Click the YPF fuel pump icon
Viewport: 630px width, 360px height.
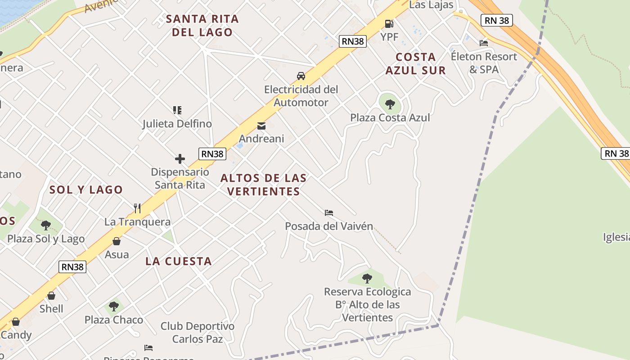tap(389, 23)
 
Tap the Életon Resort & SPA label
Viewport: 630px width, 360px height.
tap(484, 63)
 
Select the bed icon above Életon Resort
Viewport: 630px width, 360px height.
tap(484, 43)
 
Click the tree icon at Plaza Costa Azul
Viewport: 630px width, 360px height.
tap(390, 104)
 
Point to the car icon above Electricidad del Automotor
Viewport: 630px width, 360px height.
tap(301, 76)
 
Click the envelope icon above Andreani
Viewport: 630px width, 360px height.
tap(261, 126)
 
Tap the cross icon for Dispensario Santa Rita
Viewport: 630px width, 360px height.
tap(180, 159)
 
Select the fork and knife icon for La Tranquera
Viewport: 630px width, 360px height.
tap(137, 208)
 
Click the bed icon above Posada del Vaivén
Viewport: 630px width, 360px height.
tap(329, 212)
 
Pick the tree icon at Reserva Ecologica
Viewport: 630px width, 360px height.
tap(367, 278)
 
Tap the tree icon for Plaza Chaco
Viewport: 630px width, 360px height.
tap(114, 306)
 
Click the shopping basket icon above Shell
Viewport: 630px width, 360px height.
tap(51, 296)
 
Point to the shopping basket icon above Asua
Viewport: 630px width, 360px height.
tap(117, 241)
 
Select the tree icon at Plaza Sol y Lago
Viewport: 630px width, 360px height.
tap(45, 225)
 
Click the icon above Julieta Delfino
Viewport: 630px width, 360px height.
tap(177, 110)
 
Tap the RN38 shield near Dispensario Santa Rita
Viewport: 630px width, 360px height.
tap(212, 154)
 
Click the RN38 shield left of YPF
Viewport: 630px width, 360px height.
tap(353, 41)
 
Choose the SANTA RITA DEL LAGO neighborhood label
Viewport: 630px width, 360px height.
tap(202, 26)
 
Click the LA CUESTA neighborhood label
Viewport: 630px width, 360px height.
tap(179, 261)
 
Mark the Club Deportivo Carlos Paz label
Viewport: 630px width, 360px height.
tap(198, 332)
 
